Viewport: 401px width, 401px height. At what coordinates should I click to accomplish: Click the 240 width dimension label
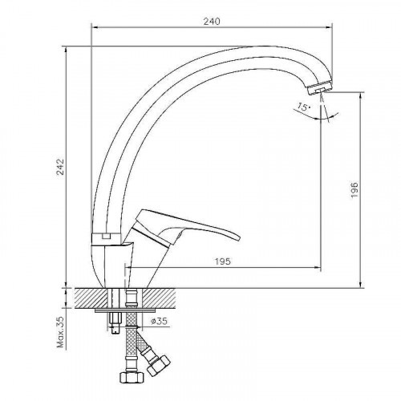(212, 21)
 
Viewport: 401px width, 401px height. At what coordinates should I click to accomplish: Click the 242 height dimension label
(61, 167)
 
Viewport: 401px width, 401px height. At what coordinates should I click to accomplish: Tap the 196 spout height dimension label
(354, 190)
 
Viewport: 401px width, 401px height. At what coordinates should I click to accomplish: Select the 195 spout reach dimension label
(223, 261)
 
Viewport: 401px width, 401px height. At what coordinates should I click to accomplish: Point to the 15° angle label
(303, 107)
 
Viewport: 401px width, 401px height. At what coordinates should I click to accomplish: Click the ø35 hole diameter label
(159, 321)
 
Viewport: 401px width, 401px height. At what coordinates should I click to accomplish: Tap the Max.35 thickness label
(61, 332)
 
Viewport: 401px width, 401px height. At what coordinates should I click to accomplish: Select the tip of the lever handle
(239, 237)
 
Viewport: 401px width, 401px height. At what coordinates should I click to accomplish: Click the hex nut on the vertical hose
(132, 377)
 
